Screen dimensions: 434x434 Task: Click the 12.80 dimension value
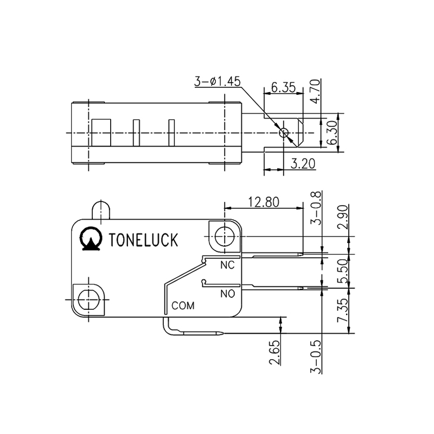(x=264, y=202)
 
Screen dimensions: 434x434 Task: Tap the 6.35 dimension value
(x=282, y=87)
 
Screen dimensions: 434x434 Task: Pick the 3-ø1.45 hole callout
(x=217, y=82)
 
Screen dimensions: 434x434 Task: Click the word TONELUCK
(x=143, y=240)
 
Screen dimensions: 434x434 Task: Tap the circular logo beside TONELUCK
(x=91, y=239)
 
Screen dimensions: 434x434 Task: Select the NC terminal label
(x=227, y=266)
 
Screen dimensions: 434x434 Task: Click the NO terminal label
(x=227, y=294)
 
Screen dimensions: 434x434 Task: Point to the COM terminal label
(x=183, y=305)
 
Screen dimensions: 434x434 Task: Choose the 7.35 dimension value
(x=342, y=311)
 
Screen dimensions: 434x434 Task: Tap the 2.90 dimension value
(x=342, y=218)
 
